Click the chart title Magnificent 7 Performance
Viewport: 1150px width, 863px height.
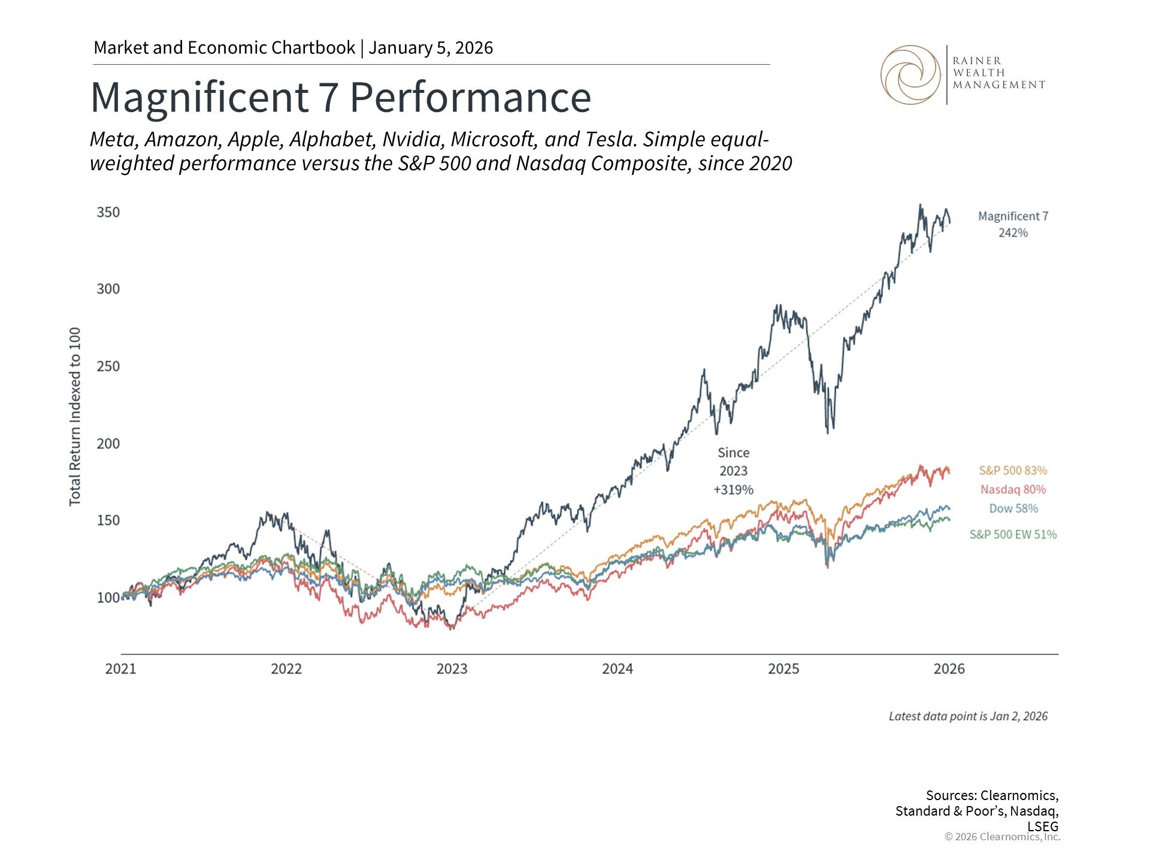coord(340,97)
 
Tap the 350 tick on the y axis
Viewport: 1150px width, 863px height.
coord(108,212)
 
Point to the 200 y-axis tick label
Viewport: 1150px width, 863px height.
coord(108,443)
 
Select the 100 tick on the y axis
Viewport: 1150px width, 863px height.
coord(108,598)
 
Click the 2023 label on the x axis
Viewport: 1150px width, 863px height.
coord(452,669)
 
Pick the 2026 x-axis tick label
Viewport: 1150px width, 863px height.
coord(949,669)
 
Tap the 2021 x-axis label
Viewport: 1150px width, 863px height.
coord(120,669)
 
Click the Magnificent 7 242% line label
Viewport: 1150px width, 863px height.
coord(1013,224)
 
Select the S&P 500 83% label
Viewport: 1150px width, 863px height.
coord(1013,470)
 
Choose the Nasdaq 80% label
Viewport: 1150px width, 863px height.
coord(1013,490)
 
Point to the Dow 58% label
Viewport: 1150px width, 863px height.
coord(1013,508)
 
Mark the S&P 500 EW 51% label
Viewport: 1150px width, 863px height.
coord(1013,535)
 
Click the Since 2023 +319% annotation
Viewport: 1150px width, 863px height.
coord(733,471)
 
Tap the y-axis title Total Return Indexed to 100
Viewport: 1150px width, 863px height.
coord(75,417)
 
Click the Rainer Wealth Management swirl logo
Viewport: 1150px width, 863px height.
coord(910,75)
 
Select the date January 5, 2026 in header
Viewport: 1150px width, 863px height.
coord(431,48)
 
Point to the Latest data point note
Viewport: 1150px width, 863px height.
coord(968,716)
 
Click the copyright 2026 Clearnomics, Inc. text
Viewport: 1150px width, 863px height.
coord(1002,837)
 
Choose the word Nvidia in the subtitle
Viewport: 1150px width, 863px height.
coord(413,140)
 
